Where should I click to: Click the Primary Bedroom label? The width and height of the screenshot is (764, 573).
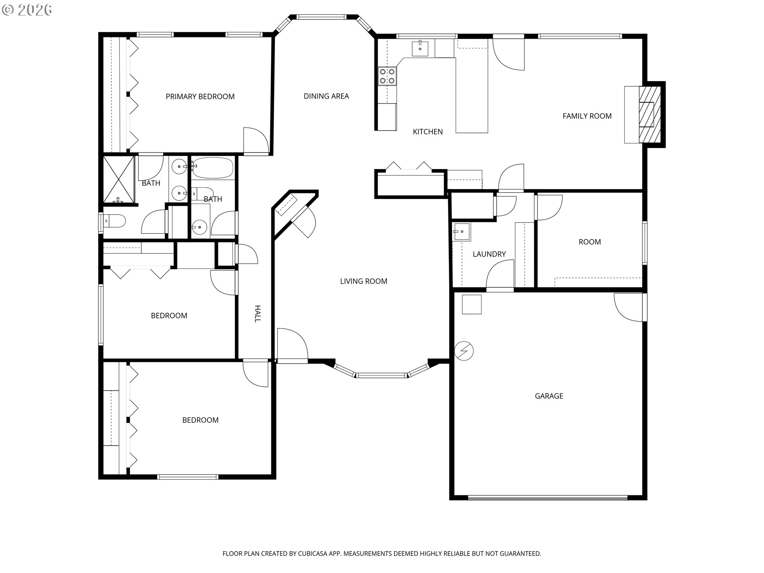click(x=200, y=97)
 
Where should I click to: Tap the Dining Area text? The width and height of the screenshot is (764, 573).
click(x=326, y=96)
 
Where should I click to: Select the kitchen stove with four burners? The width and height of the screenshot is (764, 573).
click(x=387, y=76)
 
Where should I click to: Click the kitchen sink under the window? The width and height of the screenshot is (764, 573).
click(x=420, y=49)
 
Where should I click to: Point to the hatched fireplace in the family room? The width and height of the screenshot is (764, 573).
click(x=649, y=115)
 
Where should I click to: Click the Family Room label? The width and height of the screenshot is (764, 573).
click(x=587, y=116)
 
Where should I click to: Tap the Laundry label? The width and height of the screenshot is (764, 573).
click(x=489, y=254)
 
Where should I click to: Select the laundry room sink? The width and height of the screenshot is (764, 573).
click(x=461, y=232)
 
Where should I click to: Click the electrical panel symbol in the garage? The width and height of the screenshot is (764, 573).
click(x=464, y=351)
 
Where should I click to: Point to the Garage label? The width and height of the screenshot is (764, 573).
click(x=549, y=396)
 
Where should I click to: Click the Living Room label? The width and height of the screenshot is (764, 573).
click(x=364, y=281)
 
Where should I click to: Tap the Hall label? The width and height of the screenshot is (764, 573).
click(x=257, y=314)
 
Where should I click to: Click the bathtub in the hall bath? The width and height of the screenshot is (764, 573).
click(x=212, y=168)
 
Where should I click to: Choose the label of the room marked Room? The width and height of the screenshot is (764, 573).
click(x=590, y=242)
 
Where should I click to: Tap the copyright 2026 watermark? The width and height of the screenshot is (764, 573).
click(x=27, y=10)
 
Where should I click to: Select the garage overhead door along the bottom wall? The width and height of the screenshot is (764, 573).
click(x=548, y=497)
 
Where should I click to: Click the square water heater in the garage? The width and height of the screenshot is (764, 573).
click(x=472, y=304)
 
